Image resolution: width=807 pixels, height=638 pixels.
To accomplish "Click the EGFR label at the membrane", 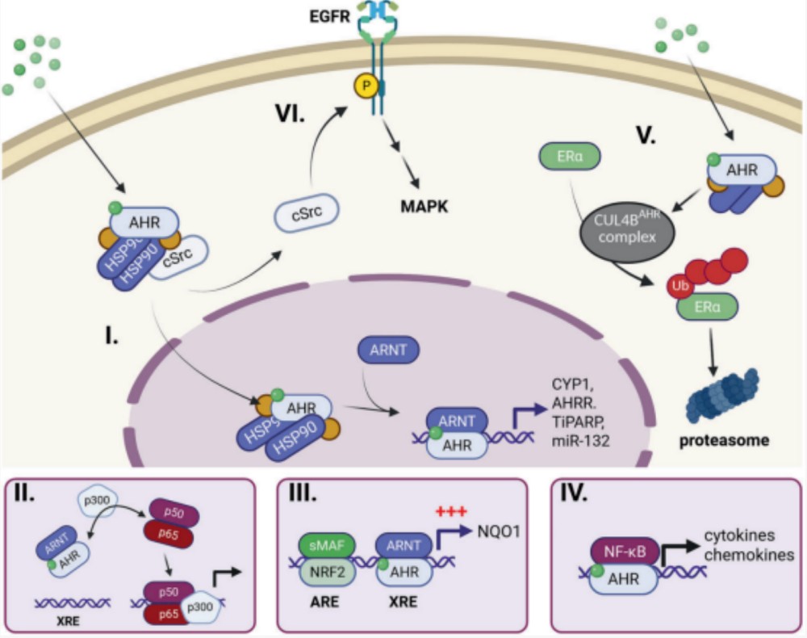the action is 329,16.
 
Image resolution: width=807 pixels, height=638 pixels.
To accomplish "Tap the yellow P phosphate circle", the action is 366,86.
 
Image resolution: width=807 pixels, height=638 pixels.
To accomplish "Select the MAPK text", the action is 424,207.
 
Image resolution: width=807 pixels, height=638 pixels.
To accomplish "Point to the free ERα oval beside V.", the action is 570,156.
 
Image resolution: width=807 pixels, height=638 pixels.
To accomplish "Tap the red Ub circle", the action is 680,287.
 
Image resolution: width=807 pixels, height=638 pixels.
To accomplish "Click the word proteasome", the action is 724,440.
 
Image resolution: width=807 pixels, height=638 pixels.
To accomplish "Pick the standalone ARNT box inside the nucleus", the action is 389,350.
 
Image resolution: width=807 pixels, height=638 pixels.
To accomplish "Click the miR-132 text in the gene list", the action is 580,441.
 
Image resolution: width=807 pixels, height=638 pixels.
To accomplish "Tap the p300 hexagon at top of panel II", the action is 97,499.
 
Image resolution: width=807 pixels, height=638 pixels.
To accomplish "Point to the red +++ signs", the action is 451,511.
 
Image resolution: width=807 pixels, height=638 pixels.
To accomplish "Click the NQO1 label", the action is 499,531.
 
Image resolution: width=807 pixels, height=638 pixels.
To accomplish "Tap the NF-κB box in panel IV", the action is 625,552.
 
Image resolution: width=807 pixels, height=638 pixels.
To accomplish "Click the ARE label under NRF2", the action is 324,602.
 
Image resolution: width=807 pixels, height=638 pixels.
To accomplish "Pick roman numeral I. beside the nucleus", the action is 111,336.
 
